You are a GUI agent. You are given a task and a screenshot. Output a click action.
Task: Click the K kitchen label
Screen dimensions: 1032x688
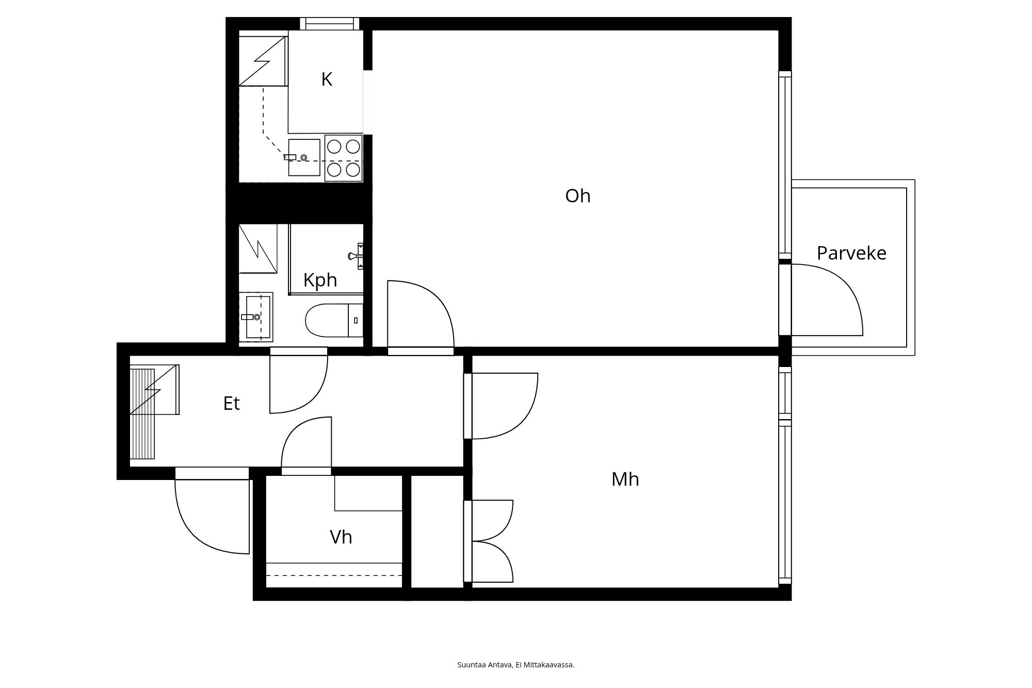327,79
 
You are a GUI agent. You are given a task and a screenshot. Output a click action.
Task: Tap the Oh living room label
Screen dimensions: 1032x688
578,196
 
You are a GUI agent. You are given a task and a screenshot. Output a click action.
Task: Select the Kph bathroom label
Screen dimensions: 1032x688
320,280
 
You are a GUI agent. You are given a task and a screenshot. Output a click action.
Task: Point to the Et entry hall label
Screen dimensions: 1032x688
232,403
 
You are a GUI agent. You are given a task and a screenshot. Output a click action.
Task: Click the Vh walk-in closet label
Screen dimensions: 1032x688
341,537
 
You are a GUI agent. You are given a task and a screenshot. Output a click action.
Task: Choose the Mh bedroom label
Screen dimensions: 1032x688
625,479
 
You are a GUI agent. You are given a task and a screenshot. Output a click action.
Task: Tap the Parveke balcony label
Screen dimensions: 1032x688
851,253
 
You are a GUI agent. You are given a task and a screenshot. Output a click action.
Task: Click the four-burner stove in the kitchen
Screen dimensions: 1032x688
344,158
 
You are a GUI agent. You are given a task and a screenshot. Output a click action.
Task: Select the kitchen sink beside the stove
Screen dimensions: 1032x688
304,157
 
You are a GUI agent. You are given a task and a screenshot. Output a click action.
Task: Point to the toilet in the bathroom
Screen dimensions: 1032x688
334,321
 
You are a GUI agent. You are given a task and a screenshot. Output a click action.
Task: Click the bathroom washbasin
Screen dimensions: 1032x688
256,317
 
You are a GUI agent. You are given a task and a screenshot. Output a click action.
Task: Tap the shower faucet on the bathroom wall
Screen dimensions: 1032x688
357,256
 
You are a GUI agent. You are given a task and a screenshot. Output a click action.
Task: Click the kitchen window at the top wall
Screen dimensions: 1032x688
330,24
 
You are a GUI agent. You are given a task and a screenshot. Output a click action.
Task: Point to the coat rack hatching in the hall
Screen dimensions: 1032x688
142,414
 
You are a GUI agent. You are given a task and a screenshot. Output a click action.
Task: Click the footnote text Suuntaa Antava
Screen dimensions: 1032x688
485,665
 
